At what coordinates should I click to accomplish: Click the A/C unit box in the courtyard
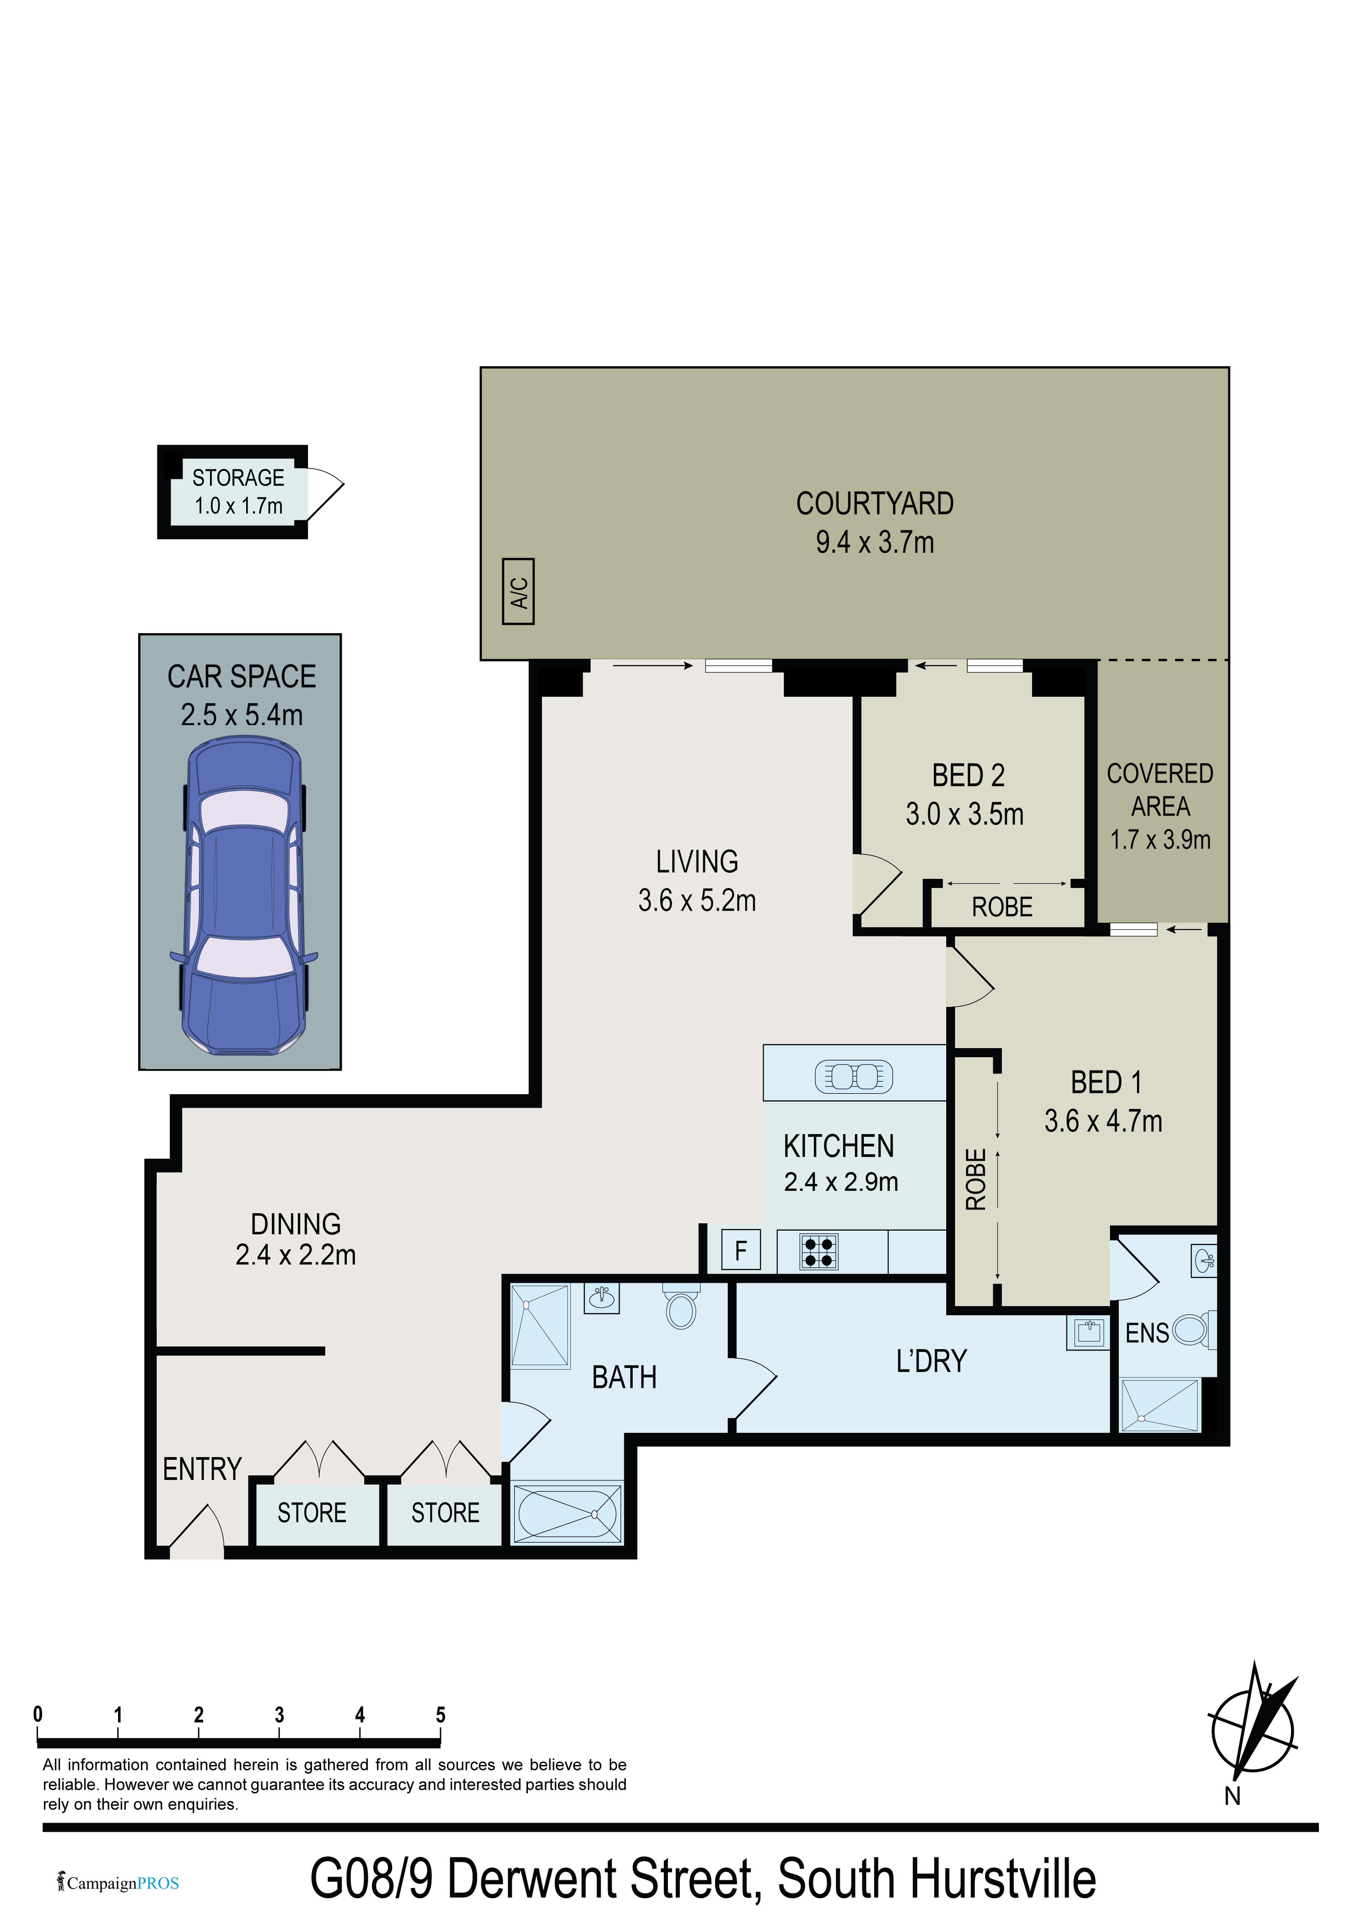(x=518, y=592)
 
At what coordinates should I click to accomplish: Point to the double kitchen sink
(x=854, y=1076)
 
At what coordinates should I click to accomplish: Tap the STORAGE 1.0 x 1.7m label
(x=238, y=492)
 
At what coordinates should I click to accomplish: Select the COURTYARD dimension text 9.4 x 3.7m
(x=875, y=542)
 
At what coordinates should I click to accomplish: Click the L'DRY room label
(x=931, y=1361)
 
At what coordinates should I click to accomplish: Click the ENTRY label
(x=202, y=1470)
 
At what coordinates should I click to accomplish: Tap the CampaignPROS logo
(x=118, y=1883)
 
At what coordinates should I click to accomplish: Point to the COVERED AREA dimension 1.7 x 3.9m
(x=1161, y=839)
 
